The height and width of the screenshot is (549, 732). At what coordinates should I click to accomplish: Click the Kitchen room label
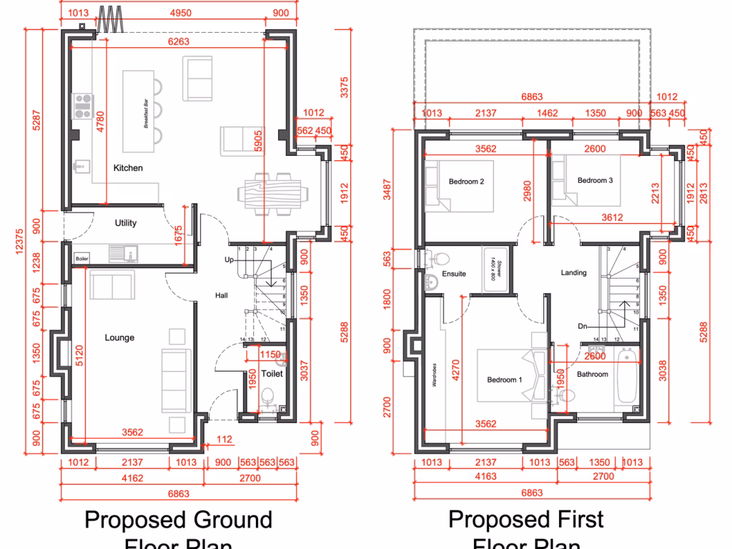[128, 168]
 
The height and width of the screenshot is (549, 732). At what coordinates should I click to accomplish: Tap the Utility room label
[126, 223]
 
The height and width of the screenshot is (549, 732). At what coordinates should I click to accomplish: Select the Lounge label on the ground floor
[119, 337]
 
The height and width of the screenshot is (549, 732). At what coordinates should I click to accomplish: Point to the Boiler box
[82, 258]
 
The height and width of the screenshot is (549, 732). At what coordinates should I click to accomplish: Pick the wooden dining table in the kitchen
[274, 193]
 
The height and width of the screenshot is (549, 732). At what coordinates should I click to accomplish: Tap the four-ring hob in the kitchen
[81, 106]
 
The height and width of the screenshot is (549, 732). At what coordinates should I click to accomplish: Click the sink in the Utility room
[118, 252]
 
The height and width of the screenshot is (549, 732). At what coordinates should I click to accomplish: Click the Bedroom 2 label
[467, 182]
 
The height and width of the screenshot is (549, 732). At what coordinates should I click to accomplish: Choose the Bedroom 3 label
[595, 180]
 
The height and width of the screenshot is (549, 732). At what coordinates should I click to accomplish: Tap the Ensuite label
[454, 273]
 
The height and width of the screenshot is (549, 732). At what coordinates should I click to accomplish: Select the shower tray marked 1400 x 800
[498, 270]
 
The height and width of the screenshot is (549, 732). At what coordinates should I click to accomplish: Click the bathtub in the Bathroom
[628, 377]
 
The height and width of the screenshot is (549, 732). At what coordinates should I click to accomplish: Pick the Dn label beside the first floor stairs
[583, 326]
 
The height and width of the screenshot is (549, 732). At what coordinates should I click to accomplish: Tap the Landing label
[573, 272]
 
